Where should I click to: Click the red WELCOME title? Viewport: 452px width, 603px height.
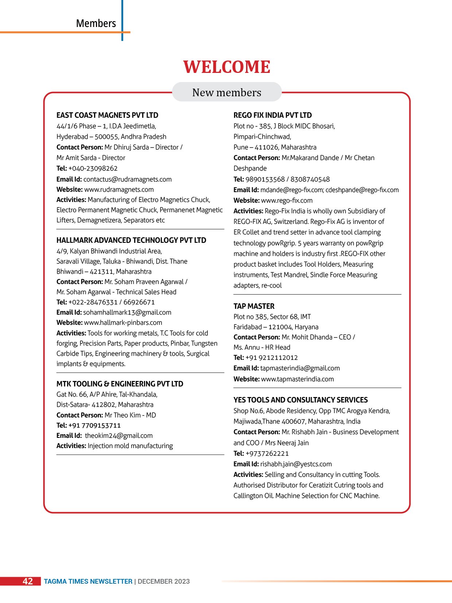[x=227, y=67]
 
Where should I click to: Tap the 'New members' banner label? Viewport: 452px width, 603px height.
[x=227, y=93]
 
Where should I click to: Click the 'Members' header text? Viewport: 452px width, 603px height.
[x=96, y=23]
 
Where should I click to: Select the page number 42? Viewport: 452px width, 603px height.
[x=28, y=581]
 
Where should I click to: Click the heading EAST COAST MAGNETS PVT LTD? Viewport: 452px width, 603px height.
[x=107, y=115]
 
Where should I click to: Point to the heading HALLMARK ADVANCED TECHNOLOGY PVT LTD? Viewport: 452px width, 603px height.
[x=131, y=240]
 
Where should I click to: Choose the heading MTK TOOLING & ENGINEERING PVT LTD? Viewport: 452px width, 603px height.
[x=120, y=384]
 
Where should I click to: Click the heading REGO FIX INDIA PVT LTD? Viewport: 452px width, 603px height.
[x=273, y=115]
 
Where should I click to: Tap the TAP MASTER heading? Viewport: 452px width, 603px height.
[x=254, y=306]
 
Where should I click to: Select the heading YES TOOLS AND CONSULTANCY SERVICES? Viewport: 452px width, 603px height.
[x=301, y=400]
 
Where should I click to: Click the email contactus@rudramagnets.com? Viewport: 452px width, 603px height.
[x=127, y=179]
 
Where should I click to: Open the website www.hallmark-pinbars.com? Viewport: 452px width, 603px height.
[x=123, y=323]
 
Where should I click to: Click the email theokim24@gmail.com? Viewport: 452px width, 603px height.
[x=119, y=436]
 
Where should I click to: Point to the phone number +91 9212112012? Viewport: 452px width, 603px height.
[x=272, y=358]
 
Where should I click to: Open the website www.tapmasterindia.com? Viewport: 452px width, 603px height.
[x=297, y=379]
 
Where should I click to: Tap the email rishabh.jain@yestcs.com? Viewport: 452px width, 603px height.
[x=296, y=464]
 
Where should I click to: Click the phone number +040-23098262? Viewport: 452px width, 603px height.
[x=93, y=168]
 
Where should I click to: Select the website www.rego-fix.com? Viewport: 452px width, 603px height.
[x=287, y=201]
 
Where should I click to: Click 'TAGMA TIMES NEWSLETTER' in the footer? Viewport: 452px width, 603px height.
[x=88, y=581]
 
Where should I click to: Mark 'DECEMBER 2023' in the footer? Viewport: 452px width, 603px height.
[x=164, y=581]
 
